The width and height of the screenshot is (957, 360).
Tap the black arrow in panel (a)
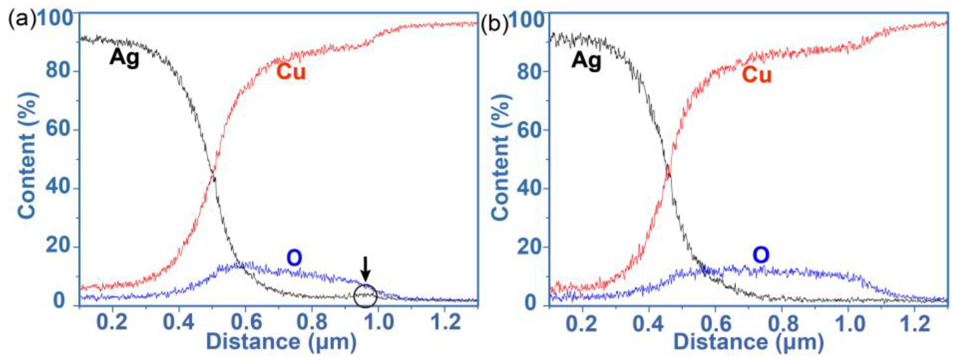(366, 269)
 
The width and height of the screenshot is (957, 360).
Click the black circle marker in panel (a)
(366, 296)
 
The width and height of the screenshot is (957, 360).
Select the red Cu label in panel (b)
(757, 75)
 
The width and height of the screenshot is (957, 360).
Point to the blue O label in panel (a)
(294, 258)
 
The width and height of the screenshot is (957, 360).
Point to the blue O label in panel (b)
(761, 256)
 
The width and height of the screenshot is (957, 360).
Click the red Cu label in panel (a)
(291, 72)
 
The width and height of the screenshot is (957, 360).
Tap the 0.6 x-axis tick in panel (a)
(246, 322)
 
